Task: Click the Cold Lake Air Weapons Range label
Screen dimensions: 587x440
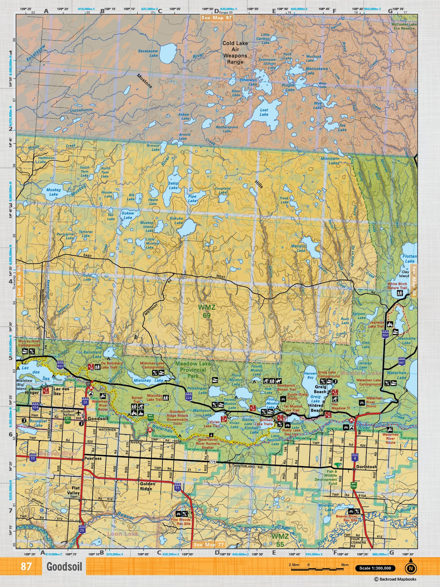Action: (x=235, y=52)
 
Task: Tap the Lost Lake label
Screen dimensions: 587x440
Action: (x=264, y=112)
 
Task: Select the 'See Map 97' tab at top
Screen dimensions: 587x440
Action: (x=217, y=17)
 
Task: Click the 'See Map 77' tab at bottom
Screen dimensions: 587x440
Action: (x=209, y=545)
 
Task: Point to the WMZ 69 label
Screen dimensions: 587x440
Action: (x=207, y=311)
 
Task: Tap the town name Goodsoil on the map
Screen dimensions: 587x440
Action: (x=98, y=418)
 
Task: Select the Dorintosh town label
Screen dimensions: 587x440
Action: (x=366, y=467)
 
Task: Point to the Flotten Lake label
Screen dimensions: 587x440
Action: (x=410, y=259)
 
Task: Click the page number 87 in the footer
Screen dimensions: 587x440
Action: (x=26, y=566)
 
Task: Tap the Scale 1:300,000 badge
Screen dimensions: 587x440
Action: (x=375, y=568)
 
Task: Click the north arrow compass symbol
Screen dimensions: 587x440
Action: (x=410, y=568)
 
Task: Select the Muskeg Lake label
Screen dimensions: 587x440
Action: (x=53, y=192)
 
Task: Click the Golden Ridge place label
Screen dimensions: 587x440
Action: (x=148, y=486)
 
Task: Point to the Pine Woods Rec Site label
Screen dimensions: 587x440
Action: (x=180, y=522)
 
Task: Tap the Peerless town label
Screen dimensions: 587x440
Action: (x=93, y=458)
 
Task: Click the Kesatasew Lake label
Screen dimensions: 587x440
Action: (x=148, y=53)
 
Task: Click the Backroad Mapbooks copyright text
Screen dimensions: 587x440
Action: (x=395, y=579)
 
